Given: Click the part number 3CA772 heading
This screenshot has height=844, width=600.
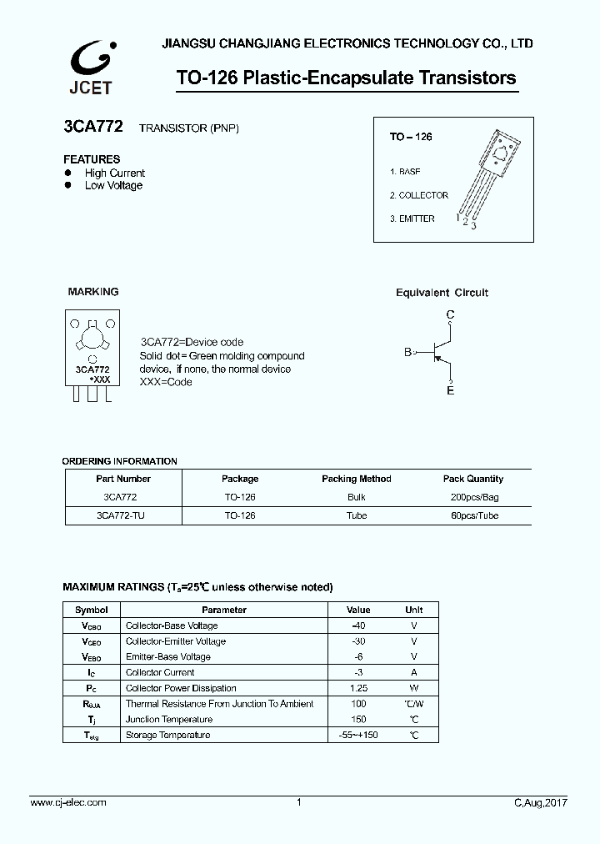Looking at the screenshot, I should tap(93, 128).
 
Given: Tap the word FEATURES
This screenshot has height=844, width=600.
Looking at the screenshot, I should tap(92, 159).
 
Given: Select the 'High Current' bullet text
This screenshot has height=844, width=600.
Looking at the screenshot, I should tap(115, 173).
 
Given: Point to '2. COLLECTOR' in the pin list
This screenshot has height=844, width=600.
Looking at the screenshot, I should tap(418, 195).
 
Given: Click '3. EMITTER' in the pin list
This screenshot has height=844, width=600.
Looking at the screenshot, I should tap(412, 219).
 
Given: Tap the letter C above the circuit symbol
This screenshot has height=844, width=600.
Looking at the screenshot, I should tap(451, 314).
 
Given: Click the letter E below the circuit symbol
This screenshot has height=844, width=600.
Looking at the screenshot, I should tap(451, 390).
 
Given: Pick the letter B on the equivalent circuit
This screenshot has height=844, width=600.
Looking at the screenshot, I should tap(407, 353).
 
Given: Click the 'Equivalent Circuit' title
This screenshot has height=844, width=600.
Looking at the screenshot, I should tap(442, 293).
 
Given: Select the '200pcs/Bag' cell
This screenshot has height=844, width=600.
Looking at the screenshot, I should tap(472, 497).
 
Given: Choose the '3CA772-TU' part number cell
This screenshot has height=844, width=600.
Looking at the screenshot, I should tap(121, 515).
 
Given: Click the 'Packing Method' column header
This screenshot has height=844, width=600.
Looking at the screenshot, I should tap(356, 479).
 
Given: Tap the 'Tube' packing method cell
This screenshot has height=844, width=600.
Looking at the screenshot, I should tap(356, 515).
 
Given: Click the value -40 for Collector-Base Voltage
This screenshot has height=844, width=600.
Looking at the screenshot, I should tap(358, 625).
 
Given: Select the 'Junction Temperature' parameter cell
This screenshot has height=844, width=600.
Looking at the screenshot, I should tap(164, 719).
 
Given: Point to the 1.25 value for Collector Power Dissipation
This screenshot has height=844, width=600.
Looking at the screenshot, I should tap(358, 688).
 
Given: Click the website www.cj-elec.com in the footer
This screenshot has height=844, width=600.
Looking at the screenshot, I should tap(68, 802).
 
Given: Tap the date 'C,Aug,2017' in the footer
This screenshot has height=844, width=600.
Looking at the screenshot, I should tap(541, 802).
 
